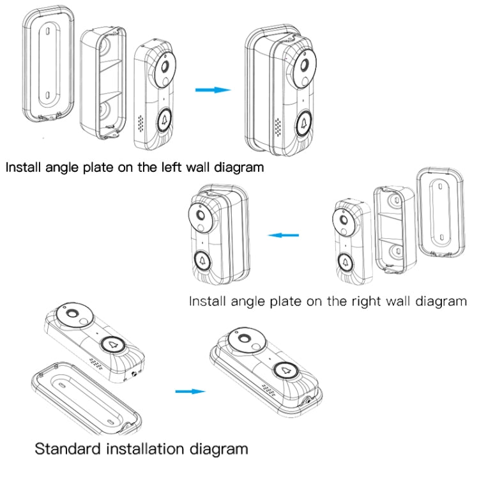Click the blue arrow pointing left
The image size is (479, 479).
(283, 235)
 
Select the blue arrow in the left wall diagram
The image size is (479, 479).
(213, 90)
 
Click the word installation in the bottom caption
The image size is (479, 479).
(150, 448)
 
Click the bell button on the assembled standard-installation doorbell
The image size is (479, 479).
(285, 370)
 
